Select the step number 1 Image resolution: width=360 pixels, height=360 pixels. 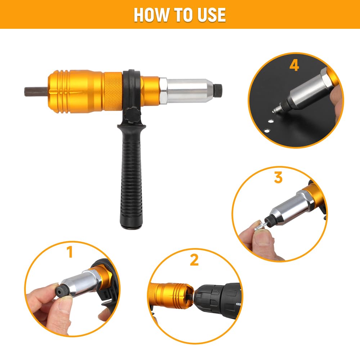point(70,252)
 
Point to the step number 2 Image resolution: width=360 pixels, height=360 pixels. point(194,260)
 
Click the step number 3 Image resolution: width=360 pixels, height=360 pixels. point(278,177)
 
